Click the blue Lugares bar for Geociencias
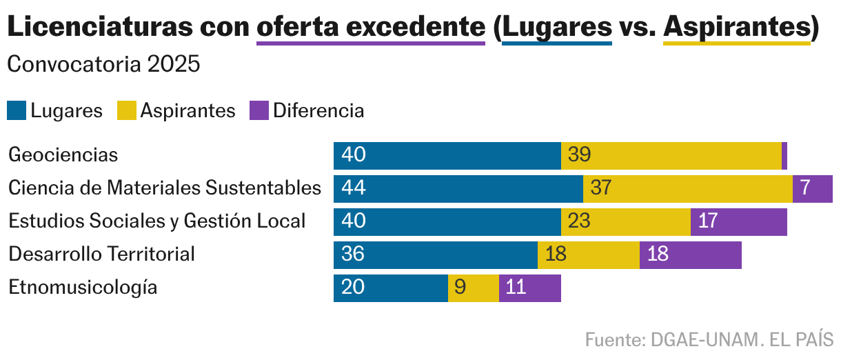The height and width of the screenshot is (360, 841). click(x=447, y=156)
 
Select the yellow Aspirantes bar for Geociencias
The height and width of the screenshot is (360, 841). click(x=671, y=156)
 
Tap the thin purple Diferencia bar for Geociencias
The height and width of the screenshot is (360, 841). click(x=784, y=156)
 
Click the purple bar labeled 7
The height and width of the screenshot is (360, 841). click(x=813, y=189)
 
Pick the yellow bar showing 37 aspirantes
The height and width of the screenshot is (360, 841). click(x=687, y=189)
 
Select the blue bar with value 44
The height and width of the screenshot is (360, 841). click(x=458, y=189)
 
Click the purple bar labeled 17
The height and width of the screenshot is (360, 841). click(x=738, y=222)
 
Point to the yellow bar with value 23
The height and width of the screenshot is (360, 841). click(x=625, y=222)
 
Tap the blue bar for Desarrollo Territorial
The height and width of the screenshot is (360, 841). click(x=435, y=255)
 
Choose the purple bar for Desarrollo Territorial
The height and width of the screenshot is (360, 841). click(x=690, y=255)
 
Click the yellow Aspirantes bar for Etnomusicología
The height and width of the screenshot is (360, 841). click(x=473, y=288)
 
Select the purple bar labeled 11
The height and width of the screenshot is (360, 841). click(x=529, y=288)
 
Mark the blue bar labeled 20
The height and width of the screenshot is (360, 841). click(x=390, y=288)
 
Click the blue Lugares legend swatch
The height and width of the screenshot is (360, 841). click(x=17, y=111)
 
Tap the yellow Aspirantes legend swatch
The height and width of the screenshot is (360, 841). click(x=126, y=111)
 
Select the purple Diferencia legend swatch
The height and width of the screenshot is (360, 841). click(x=259, y=111)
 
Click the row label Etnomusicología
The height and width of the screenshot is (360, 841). click(x=83, y=288)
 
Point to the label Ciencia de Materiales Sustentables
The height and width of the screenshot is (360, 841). click(x=165, y=188)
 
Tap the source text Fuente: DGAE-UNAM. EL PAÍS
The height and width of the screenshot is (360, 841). click(x=709, y=340)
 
